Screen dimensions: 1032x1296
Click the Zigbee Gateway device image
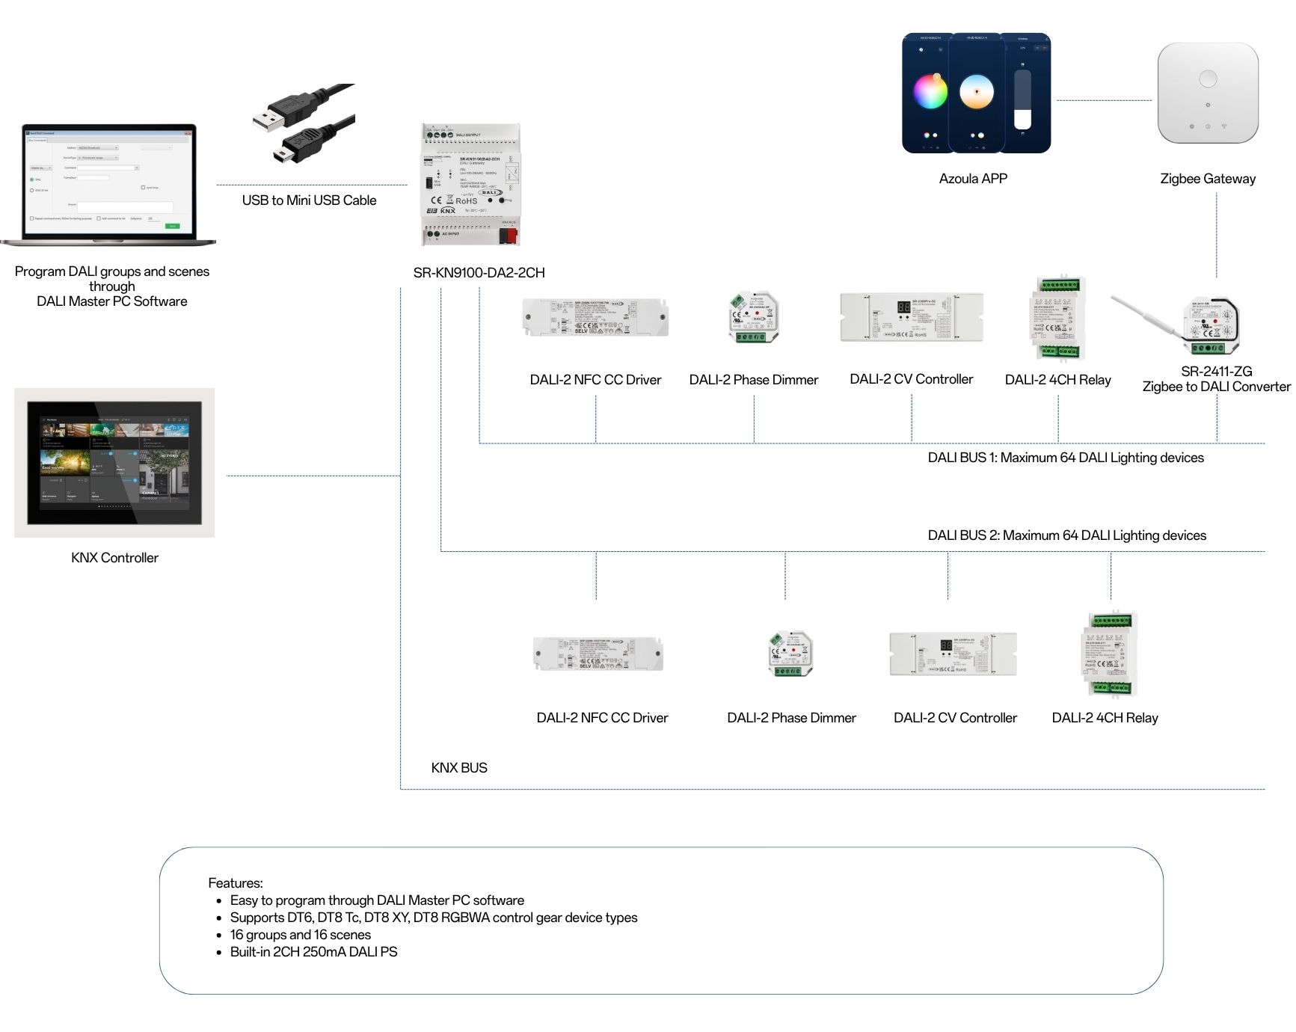point(1207,93)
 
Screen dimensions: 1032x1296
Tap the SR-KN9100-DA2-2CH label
point(479,273)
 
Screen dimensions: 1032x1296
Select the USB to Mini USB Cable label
point(309,200)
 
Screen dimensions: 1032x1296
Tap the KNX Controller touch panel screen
point(114,461)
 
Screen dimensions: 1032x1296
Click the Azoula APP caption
point(973,179)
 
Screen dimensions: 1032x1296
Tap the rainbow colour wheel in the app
point(930,92)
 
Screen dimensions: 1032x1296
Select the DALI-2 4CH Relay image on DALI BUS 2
point(1111,654)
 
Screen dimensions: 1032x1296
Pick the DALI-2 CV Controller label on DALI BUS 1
point(911,379)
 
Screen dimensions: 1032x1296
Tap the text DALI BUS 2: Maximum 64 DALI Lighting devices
point(1066,535)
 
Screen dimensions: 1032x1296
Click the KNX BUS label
point(458,768)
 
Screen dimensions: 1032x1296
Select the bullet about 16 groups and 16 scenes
point(300,935)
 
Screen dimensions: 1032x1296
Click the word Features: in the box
point(235,883)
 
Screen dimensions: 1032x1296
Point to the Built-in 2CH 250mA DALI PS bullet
point(313,952)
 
